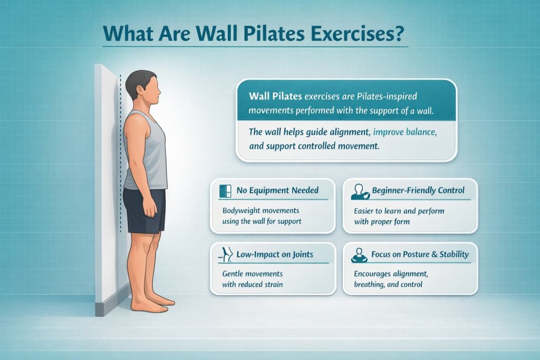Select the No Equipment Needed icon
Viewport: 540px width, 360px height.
[x=224, y=191]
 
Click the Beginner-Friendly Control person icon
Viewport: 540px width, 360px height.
[x=358, y=191]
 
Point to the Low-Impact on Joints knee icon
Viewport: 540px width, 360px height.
[x=224, y=255]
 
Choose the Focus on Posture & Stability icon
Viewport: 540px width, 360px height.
[x=358, y=256]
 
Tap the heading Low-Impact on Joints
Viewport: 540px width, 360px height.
[x=274, y=255]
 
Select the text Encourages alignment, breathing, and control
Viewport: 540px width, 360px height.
[x=390, y=279]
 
